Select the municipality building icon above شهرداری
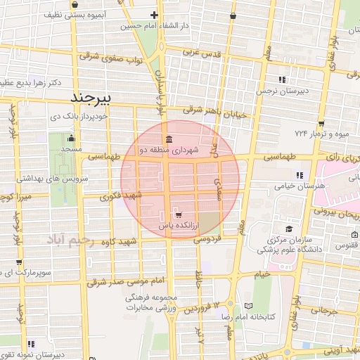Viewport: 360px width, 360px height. (x=168, y=138)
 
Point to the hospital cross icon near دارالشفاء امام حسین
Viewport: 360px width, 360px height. (x=155, y=15)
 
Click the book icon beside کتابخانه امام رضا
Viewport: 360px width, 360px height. (x=247, y=305)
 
